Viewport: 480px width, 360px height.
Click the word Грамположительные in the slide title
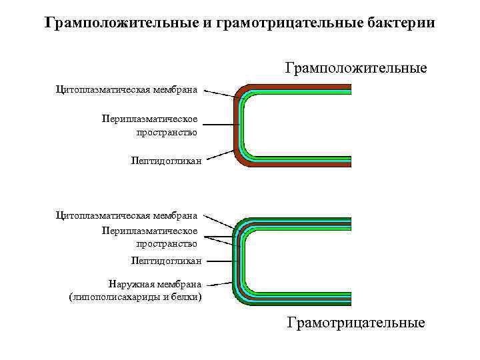[122, 23]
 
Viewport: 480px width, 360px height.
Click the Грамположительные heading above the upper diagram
[356, 68]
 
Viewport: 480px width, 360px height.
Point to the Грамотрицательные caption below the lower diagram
[356, 323]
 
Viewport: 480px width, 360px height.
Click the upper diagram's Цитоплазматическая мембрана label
[127, 88]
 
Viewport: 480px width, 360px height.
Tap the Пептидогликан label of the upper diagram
[166, 161]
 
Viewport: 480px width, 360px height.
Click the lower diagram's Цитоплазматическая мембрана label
[127, 215]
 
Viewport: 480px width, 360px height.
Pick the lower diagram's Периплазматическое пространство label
[149, 237]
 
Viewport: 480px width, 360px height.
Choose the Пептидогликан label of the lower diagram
[166, 261]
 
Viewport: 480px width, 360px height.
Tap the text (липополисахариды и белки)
[135, 296]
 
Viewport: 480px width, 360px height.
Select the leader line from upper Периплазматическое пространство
[221, 125]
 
